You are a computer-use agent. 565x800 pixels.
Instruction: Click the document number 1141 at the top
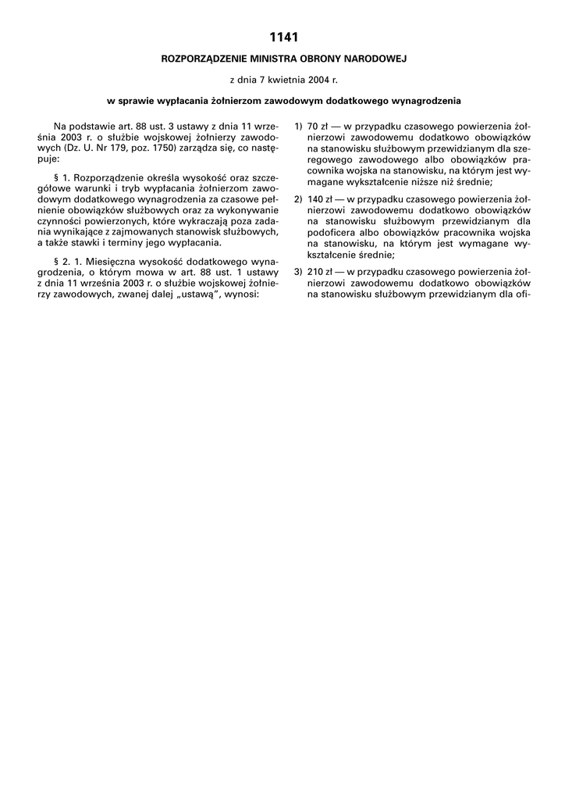click(282, 37)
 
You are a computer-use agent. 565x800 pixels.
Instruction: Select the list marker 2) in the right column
click(298, 199)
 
